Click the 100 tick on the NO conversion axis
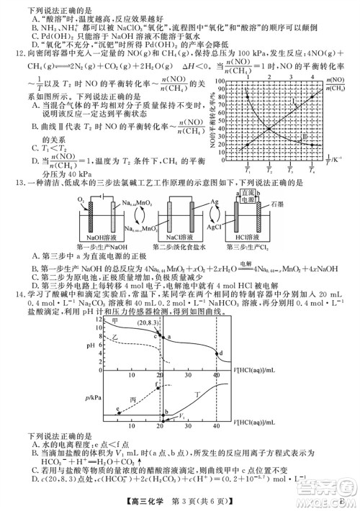[222, 81]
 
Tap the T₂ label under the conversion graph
[269, 171]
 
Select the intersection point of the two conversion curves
[269, 129]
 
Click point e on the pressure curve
[117, 409]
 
